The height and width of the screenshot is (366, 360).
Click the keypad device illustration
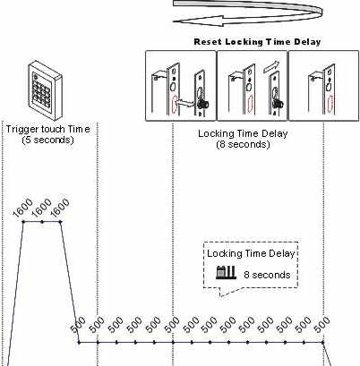pos(45,90)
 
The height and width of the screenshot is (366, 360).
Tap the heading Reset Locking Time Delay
pos(257,42)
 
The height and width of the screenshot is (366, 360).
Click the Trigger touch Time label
pos(48,129)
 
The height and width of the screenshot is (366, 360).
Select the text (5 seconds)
pos(48,140)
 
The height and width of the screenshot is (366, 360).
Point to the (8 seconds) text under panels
pos(243,144)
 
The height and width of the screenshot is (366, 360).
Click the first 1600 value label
pos(23,208)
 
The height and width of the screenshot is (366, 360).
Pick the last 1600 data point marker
pos(61,222)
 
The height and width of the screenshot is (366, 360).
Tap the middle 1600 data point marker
pos(42,222)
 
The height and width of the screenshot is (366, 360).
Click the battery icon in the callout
pos(226,272)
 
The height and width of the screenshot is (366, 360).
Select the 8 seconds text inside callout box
pos(267,275)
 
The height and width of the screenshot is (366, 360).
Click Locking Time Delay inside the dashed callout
pos(251,253)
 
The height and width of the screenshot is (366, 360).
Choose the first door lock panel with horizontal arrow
pos(181,86)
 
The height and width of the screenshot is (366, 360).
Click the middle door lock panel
pos(252,86)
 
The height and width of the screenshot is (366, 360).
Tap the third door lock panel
pos(323,86)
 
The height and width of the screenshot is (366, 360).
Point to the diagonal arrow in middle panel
pos(271,67)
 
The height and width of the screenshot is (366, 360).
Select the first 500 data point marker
pos(79,342)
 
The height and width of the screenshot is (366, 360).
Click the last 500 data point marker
pos(323,342)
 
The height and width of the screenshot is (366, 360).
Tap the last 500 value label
pos(322,325)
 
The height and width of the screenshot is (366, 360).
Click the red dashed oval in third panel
pos(330,104)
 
